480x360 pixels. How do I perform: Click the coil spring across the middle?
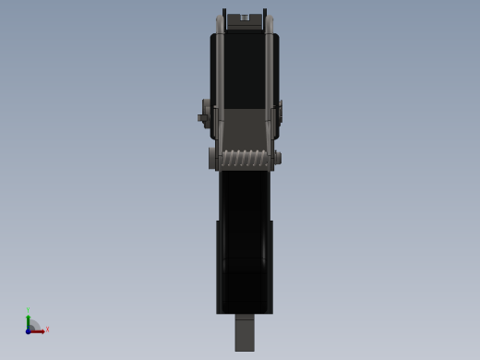[245, 158]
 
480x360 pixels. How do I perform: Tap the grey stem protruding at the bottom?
[245, 332]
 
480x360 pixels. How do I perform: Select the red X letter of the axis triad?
[47, 330]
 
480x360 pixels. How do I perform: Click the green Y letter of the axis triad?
[28, 311]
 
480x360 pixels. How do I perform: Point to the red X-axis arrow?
[39, 330]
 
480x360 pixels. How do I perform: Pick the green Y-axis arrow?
[28, 321]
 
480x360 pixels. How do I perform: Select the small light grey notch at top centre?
[245, 18]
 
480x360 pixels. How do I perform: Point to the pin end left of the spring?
[212, 158]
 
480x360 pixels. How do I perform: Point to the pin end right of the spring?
[277, 158]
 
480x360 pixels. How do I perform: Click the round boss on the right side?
[280, 111]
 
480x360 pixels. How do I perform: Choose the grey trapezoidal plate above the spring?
[245, 129]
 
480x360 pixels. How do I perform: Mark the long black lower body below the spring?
[245, 240]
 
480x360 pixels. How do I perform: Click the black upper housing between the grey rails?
[245, 74]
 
